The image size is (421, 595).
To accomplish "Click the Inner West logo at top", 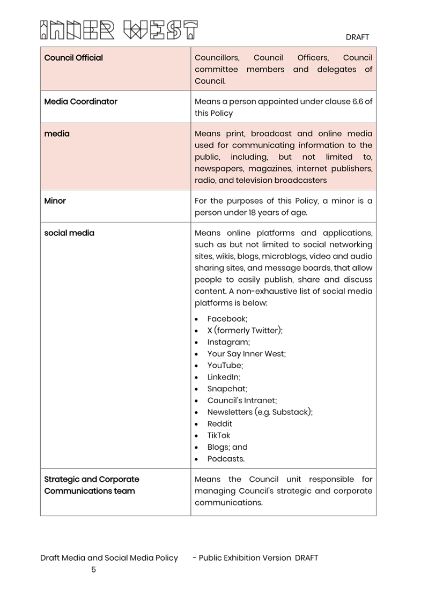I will pyautogui.click(x=119, y=31).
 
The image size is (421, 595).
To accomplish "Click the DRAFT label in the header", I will pyautogui.click(x=357, y=37).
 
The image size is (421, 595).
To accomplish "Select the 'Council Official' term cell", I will pyautogui.click(x=73, y=58).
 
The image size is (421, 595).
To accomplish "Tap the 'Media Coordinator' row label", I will pyautogui.click(x=80, y=101).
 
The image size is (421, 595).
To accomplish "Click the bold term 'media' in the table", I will pyautogui.click(x=57, y=133).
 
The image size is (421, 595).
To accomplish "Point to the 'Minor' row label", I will pyautogui.click(x=55, y=201).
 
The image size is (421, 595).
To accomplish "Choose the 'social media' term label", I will pyautogui.click(x=69, y=233).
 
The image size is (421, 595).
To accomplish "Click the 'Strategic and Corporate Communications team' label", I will pyautogui.click(x=91, y=485).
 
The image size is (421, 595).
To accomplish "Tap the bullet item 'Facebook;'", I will pyautogui.click(x=227, y=319).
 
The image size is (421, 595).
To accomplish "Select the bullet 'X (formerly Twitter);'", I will pyautogui.click(x=245, y=331).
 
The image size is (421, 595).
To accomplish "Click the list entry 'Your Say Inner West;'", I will pyautogui.click(x=247, y=354).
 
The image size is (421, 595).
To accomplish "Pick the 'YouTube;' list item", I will pyautogui.click(x=225, y=366).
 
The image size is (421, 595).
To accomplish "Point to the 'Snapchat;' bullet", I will pyautogui.click(x=227, y=389).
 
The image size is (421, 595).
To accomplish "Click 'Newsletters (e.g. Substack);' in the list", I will pyautogui.click(x=260, y=412).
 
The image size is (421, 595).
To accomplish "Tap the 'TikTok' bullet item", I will pyautogui.click(x=219, y=436).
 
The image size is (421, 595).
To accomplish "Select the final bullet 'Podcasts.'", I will pyautogui.click(x=226, y=459).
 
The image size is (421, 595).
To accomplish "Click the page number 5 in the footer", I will pyautogui.click(x=93, y=569).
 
